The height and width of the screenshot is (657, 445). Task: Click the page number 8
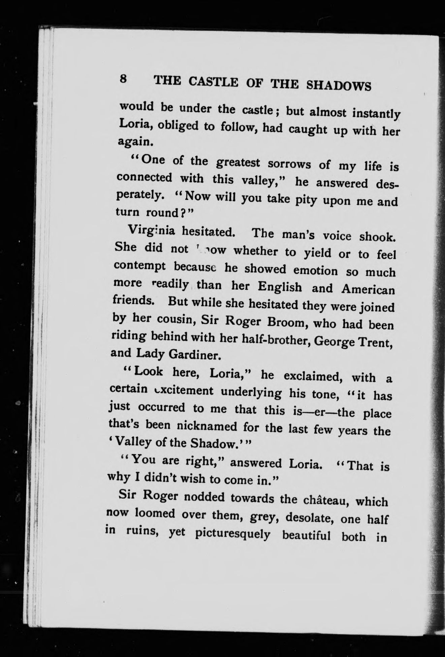pyautogui.click(x=123, y=80)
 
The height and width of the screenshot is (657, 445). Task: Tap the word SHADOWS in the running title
pyautogui.click(x=339, y=85)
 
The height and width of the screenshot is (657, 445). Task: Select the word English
pyautogui.click(x=280, y=287)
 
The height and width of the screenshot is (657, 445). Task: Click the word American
pyautogui.click(x=368, y=290)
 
